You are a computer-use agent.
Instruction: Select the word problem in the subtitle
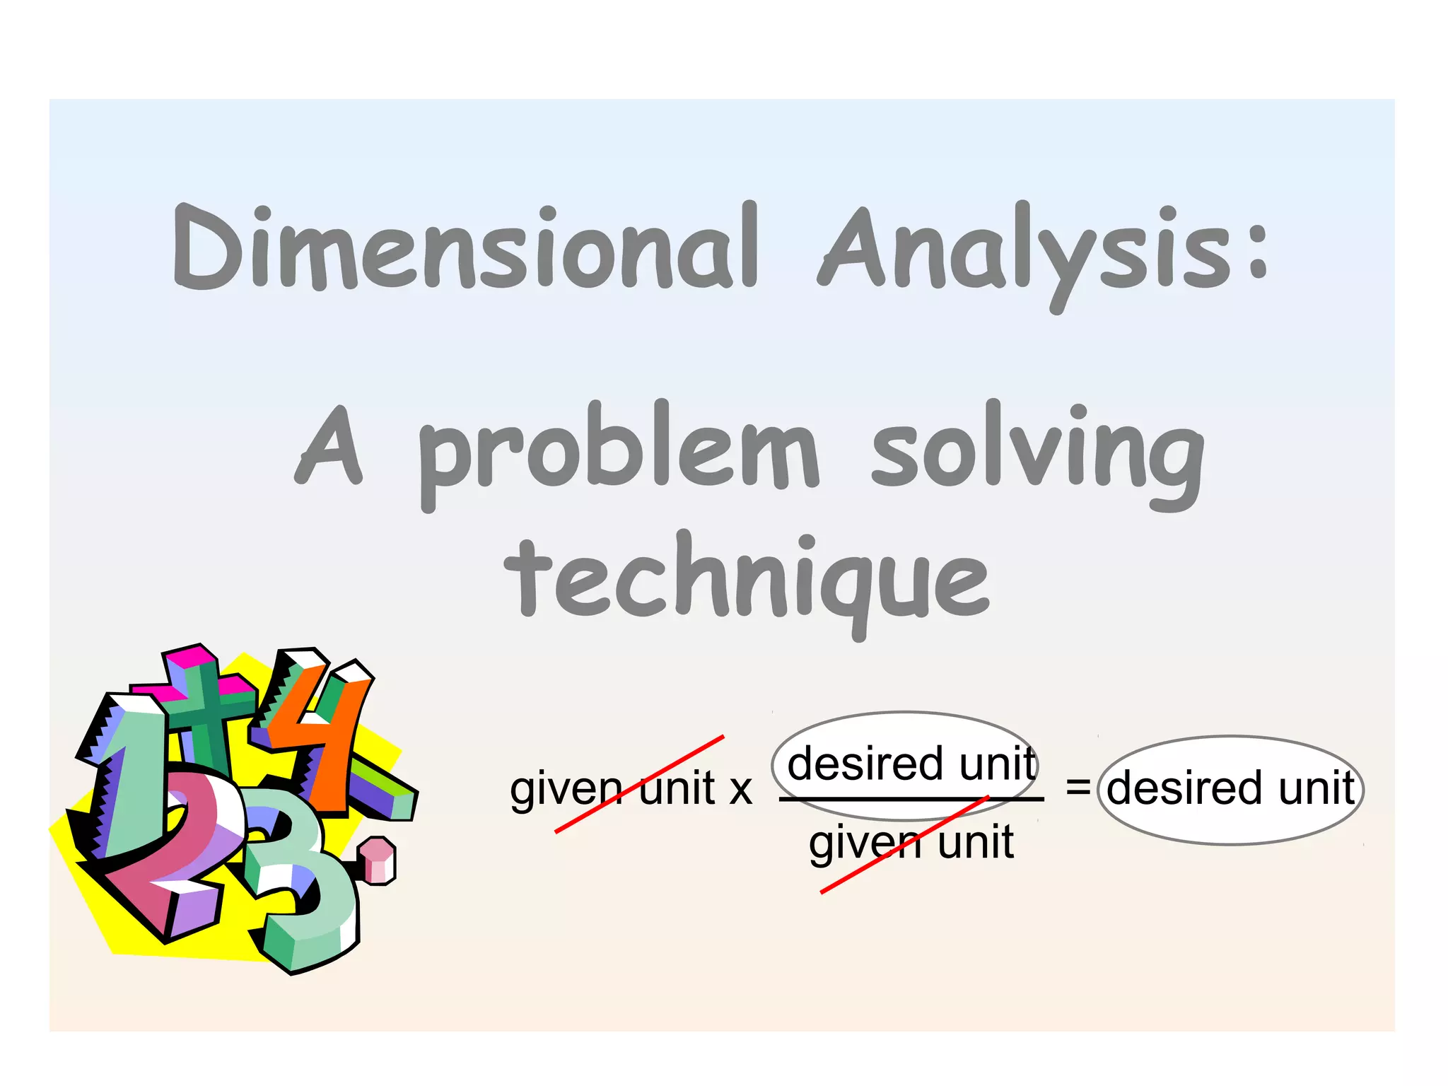[x=619, y=452]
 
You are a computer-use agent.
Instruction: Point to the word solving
[x=1037, y=452]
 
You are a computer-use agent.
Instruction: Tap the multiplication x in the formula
[x=740, y=790]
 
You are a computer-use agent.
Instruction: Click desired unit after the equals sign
[x=1230, y=788]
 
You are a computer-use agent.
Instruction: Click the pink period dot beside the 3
[x=378, y=859]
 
